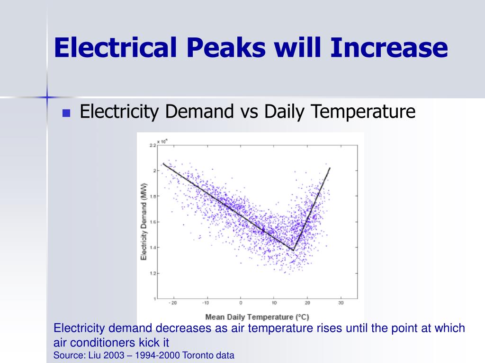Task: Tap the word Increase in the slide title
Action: click(388, 47)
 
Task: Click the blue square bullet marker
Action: click(66, 113)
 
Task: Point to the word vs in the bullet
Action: click(249, 112)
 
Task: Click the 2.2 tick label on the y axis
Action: click(153, 145)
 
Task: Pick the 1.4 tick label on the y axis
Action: click(153, 248)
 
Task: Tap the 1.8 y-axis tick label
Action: click(153, 196)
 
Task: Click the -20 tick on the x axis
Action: click(173, 303)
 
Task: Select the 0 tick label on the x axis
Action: click(241, 303)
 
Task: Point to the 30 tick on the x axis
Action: click(341, 303)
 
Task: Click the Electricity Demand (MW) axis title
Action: click(144, 222)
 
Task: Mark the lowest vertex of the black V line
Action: click(294, 251)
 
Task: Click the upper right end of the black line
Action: click(330, 168)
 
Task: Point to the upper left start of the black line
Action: click(163, 164)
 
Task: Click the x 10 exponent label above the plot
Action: click(162, 141)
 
